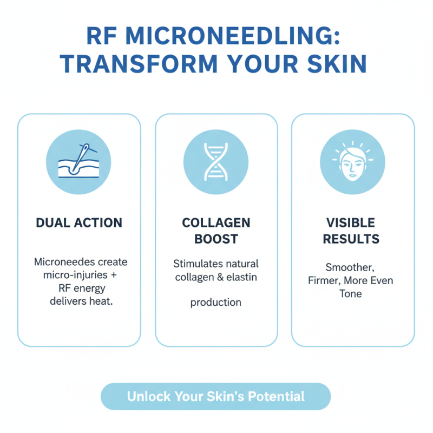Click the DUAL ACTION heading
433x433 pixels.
(79, 222)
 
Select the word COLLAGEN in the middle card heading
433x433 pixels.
(216, 222)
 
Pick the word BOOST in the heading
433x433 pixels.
(216, 239)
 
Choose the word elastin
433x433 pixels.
(241, 277)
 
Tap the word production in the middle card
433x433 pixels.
(216, 303)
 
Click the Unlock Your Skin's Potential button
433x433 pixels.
(216, 397)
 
